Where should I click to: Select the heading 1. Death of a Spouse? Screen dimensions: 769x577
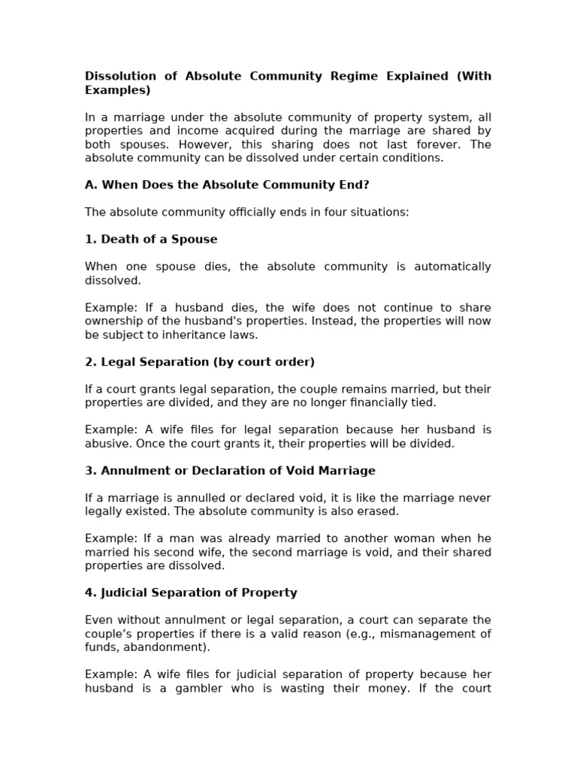pyautogui.click(x=151, y=240)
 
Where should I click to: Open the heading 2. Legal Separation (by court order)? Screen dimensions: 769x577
pyautogui.click(x=200, y=362)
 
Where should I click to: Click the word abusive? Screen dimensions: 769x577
pyautogui.click(x=107, y=444)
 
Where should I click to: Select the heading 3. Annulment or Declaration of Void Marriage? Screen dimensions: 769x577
pyautogui.click(x=230, y=471)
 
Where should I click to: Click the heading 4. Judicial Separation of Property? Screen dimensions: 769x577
pyautogui.click(x=191, y=593)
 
